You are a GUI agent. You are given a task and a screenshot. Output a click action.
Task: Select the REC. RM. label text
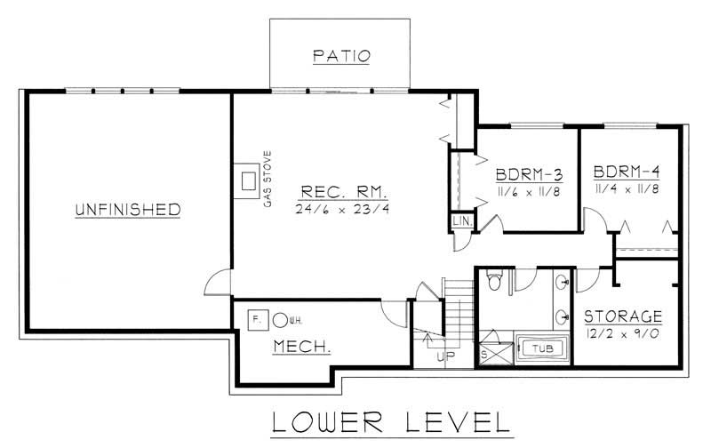pos(340,191)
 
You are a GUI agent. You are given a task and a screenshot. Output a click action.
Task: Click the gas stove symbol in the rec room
pos(245,180)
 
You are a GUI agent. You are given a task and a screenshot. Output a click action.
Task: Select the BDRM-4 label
pos(625,172)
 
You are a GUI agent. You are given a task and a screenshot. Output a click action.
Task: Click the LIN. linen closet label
pos(461,220)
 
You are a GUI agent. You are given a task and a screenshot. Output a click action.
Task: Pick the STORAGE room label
pos(623,316)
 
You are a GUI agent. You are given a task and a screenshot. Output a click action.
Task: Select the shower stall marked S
pos(488,352)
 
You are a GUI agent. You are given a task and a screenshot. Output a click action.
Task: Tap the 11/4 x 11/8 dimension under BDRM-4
pos(627,189)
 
